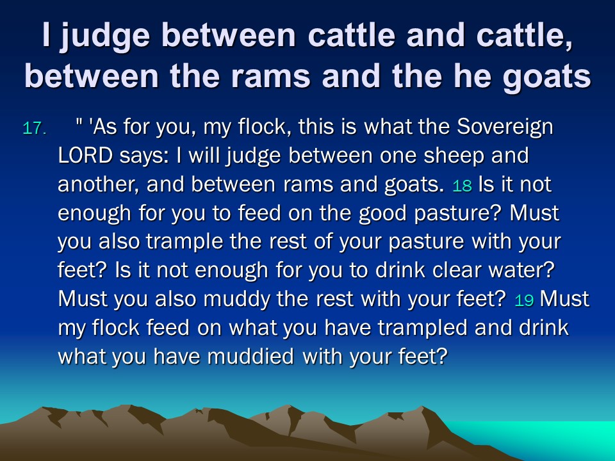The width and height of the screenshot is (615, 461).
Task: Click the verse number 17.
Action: pos(35,129)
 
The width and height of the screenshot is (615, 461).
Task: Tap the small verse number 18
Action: pos(462,186)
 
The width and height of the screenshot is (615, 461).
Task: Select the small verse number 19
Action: pos(524,300)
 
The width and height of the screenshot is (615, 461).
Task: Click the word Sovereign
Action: pos(505,127)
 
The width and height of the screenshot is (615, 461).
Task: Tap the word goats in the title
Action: pos(546,76)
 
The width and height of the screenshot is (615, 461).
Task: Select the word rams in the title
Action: pos(270,76)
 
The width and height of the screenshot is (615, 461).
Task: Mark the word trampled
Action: pos(422,328)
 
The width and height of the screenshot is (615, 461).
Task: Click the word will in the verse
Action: pos(203,155)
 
